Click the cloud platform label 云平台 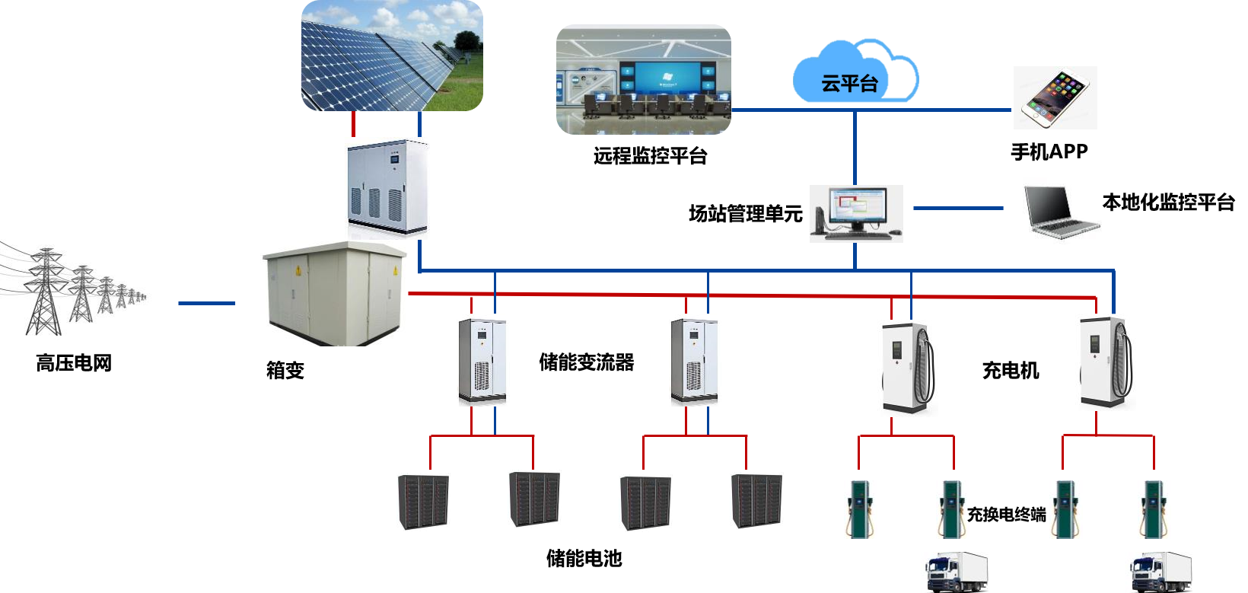coord(849,83)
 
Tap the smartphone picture coord(1055,97)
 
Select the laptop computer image coord(1062,210)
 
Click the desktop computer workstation coord(856,213)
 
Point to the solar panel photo coord(392,56)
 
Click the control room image coord(644,80)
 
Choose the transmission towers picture coord(76,286)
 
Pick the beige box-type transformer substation coord(334,293)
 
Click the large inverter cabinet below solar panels coord(387,188)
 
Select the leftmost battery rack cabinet coord(423,502)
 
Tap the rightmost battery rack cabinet coord(756,501)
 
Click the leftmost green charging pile coord(860,509)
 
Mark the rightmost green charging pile coord(1154,509)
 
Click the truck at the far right coord(1160,572)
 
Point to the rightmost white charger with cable coord(1105,362)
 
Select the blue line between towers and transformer coord(207,303)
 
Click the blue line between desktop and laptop coord(958,208)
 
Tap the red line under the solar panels coord(353,124)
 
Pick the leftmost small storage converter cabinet coord(482,359)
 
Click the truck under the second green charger coord(957,572)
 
